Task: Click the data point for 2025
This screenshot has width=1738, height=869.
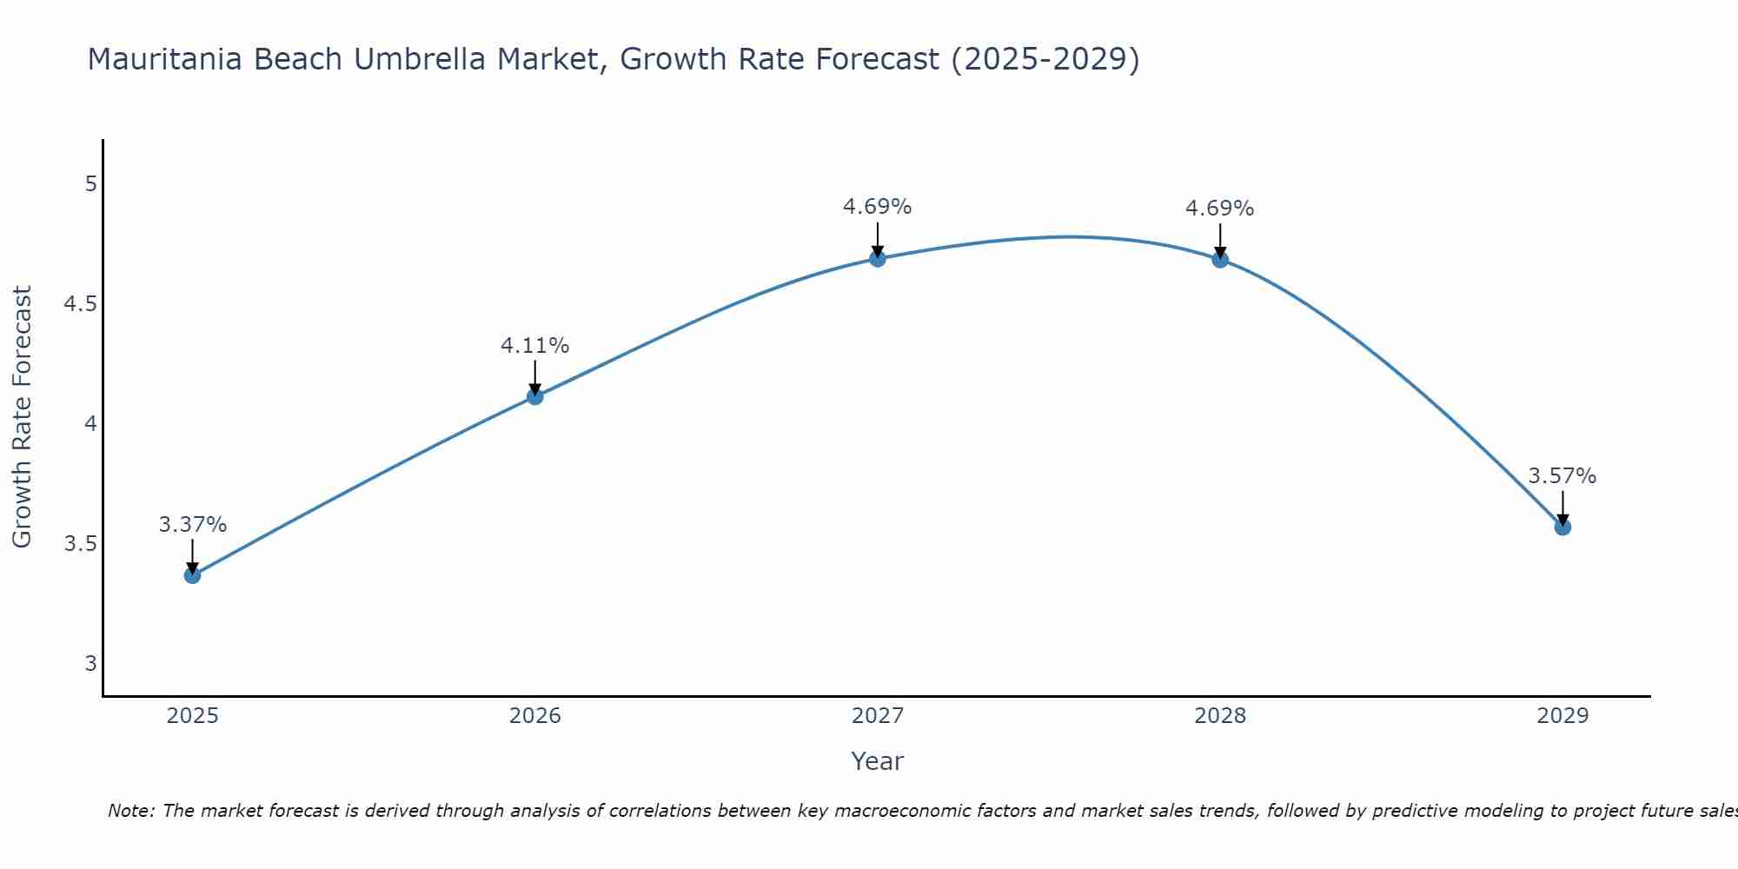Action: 192,575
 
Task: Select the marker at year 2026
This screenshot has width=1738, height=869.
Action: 535,397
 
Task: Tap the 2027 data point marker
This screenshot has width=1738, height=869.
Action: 878,259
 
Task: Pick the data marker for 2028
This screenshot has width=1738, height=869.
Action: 1220,260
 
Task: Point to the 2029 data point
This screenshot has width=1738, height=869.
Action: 1562,527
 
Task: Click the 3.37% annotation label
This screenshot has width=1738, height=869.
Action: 193,525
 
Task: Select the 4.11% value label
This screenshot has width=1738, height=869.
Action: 535,346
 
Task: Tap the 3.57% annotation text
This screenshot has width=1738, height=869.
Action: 1562,476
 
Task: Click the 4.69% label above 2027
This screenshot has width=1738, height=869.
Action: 878,207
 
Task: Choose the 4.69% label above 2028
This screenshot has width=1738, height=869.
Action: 1220,209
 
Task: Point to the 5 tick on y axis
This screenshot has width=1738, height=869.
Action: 90,184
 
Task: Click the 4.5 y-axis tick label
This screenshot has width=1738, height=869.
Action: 80,304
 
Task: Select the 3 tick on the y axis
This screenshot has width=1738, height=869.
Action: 90,664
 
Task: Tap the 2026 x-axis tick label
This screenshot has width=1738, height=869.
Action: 535,716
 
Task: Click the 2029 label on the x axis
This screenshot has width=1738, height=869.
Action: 1562,716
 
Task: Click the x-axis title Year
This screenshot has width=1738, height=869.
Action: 878,761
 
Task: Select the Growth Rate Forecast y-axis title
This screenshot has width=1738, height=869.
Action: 23,417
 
